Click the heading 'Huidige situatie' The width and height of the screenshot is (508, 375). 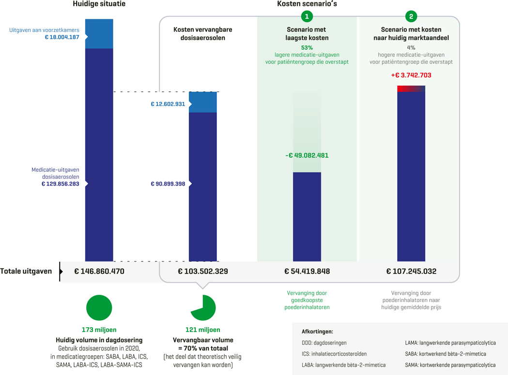coord(99,4)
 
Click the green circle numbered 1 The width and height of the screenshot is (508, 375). coord(307,16)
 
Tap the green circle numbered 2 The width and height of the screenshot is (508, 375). coord(411,16)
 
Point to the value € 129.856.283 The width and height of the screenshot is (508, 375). coord(60,184)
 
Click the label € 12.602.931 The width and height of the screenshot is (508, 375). coord(168,104)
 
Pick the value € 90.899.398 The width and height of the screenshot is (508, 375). coord(168,184)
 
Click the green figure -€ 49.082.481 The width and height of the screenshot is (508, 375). coord(307,156)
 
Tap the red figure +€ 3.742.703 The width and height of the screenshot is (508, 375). coord(411,75)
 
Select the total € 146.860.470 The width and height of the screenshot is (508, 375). coord(99,271)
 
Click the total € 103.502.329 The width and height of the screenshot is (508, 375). coord(203,271)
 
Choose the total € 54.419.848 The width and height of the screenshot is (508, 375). coord(307,271)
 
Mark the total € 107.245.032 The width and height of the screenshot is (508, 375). coord(411,271)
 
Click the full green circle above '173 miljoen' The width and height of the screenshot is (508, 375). coord(99,307)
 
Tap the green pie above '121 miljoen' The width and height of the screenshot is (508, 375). coord(203,307)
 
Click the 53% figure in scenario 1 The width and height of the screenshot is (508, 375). coord(307,48)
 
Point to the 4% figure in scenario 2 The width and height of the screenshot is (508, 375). coord(411,48)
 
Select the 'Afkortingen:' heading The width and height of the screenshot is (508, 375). coord(317,332)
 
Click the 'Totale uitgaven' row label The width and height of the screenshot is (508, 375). coord(26,271)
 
